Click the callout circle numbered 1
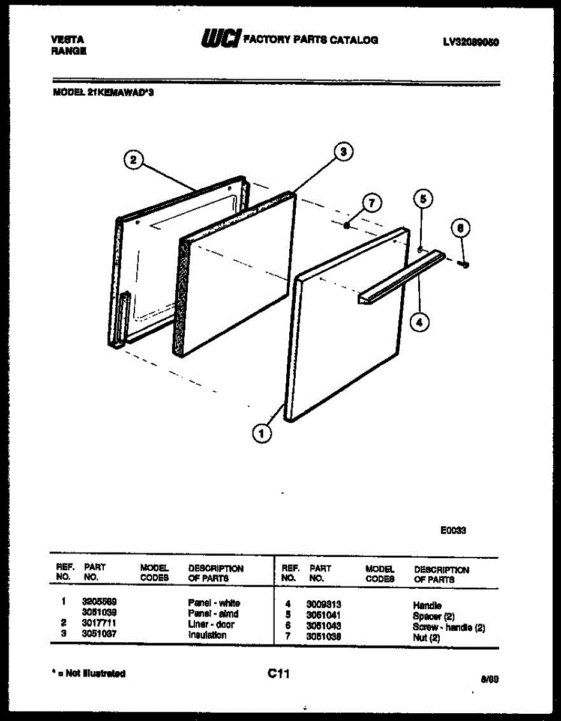pos(262,433)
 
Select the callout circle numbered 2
pos(133,160)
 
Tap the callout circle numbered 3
pos(343,153)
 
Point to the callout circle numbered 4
pos(419,322)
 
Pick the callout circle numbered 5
pos(423,198)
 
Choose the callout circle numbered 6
pos(460,228)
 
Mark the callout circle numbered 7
pos(371,203)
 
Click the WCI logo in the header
pos(221,40)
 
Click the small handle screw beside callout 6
pos(463,262)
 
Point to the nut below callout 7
pos(347,226)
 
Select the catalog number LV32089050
pos(472,42)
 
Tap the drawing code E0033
pos(454,531)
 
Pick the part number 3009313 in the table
pos(324,605)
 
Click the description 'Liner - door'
pos(211,624)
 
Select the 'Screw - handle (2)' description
pos(449,627)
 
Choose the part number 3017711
pos(99,624)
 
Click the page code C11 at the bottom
pos(279,674)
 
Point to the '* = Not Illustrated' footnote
pos(89,674)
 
